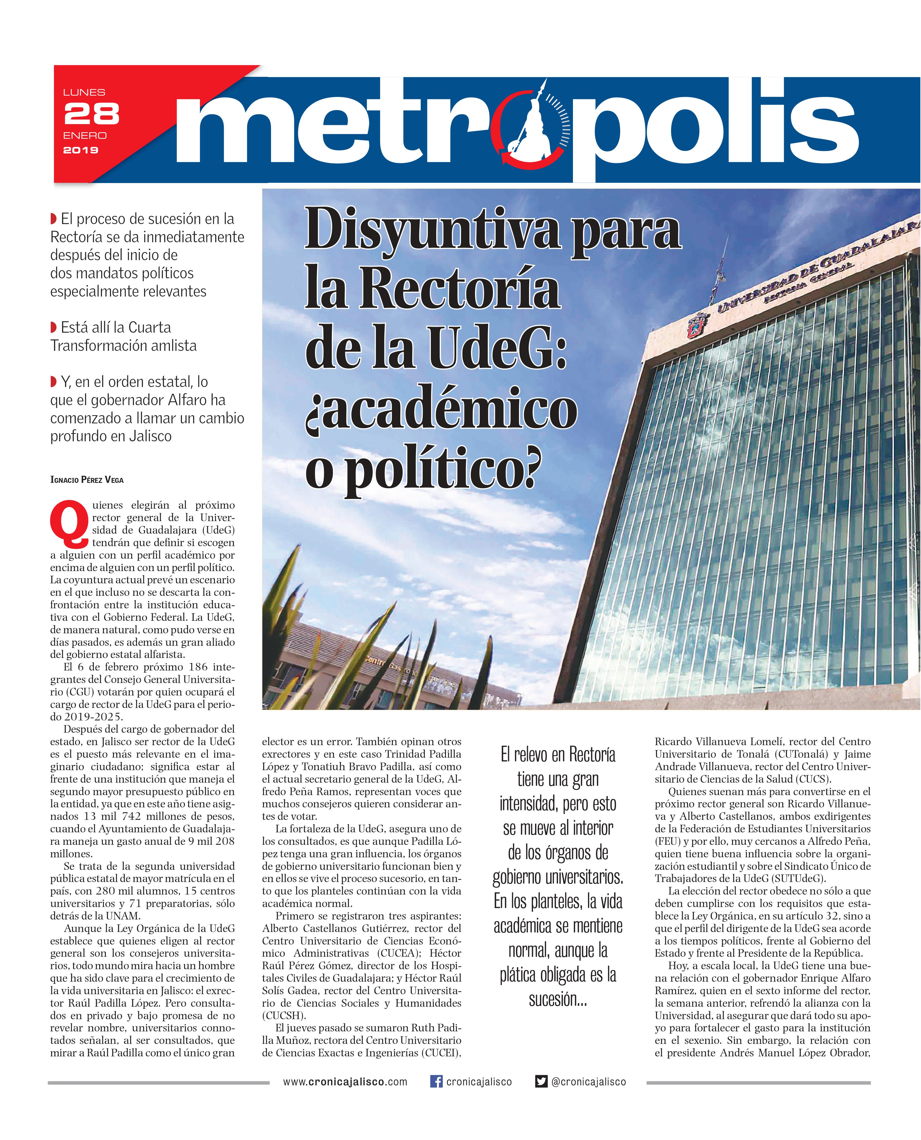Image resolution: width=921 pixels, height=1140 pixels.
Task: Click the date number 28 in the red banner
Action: click(x=91, y=114)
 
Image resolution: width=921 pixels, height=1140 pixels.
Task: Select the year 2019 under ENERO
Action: click(x=81, y=150)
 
